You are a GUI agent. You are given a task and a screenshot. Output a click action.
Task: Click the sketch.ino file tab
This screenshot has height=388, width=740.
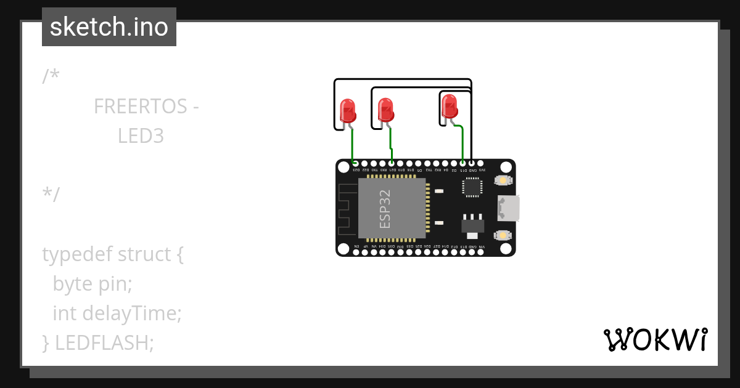point(109,27)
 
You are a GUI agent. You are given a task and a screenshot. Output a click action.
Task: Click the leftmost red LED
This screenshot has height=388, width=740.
point(348,111)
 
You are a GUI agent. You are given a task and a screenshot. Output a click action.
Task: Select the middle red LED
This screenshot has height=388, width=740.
point(385,110)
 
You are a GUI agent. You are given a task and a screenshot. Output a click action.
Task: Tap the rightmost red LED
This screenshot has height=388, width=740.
point(450,106)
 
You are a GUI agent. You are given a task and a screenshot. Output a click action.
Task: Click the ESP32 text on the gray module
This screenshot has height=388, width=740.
point(385,209)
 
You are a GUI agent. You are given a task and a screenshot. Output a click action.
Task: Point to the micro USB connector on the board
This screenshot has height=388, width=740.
point(509,208)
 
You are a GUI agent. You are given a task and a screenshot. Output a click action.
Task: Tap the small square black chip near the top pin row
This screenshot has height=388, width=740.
point(472,187)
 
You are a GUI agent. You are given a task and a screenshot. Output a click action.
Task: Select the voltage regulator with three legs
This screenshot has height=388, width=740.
point(473,225)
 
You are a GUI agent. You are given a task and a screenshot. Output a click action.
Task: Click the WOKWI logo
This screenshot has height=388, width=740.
point(655,339)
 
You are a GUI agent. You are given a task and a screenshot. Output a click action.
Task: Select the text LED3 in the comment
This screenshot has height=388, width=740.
point(141,136)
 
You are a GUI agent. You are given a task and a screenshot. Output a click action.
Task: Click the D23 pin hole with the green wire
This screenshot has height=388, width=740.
point(355,164)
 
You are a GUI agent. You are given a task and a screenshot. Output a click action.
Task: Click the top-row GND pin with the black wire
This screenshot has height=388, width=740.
point(472,164)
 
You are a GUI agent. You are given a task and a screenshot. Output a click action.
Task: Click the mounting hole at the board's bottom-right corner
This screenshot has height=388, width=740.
point(506,248)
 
